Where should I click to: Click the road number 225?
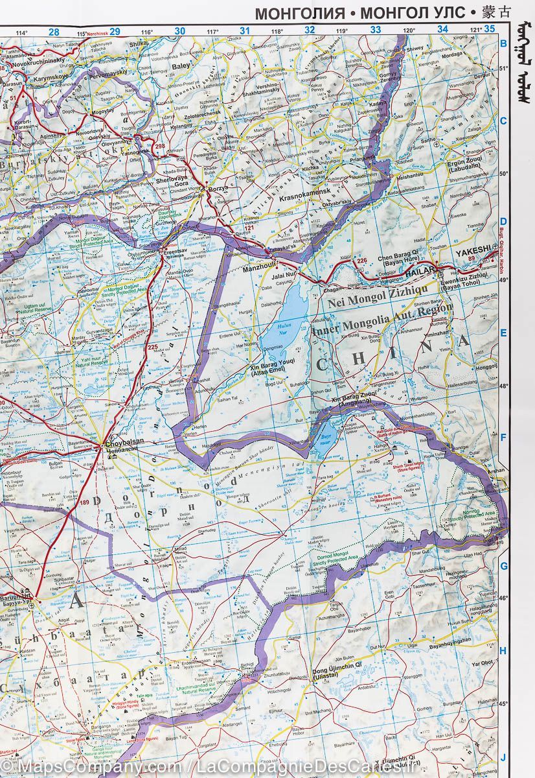point(152,348)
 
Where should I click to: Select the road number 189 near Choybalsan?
point(84,502)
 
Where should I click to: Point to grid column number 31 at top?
point(244,30)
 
